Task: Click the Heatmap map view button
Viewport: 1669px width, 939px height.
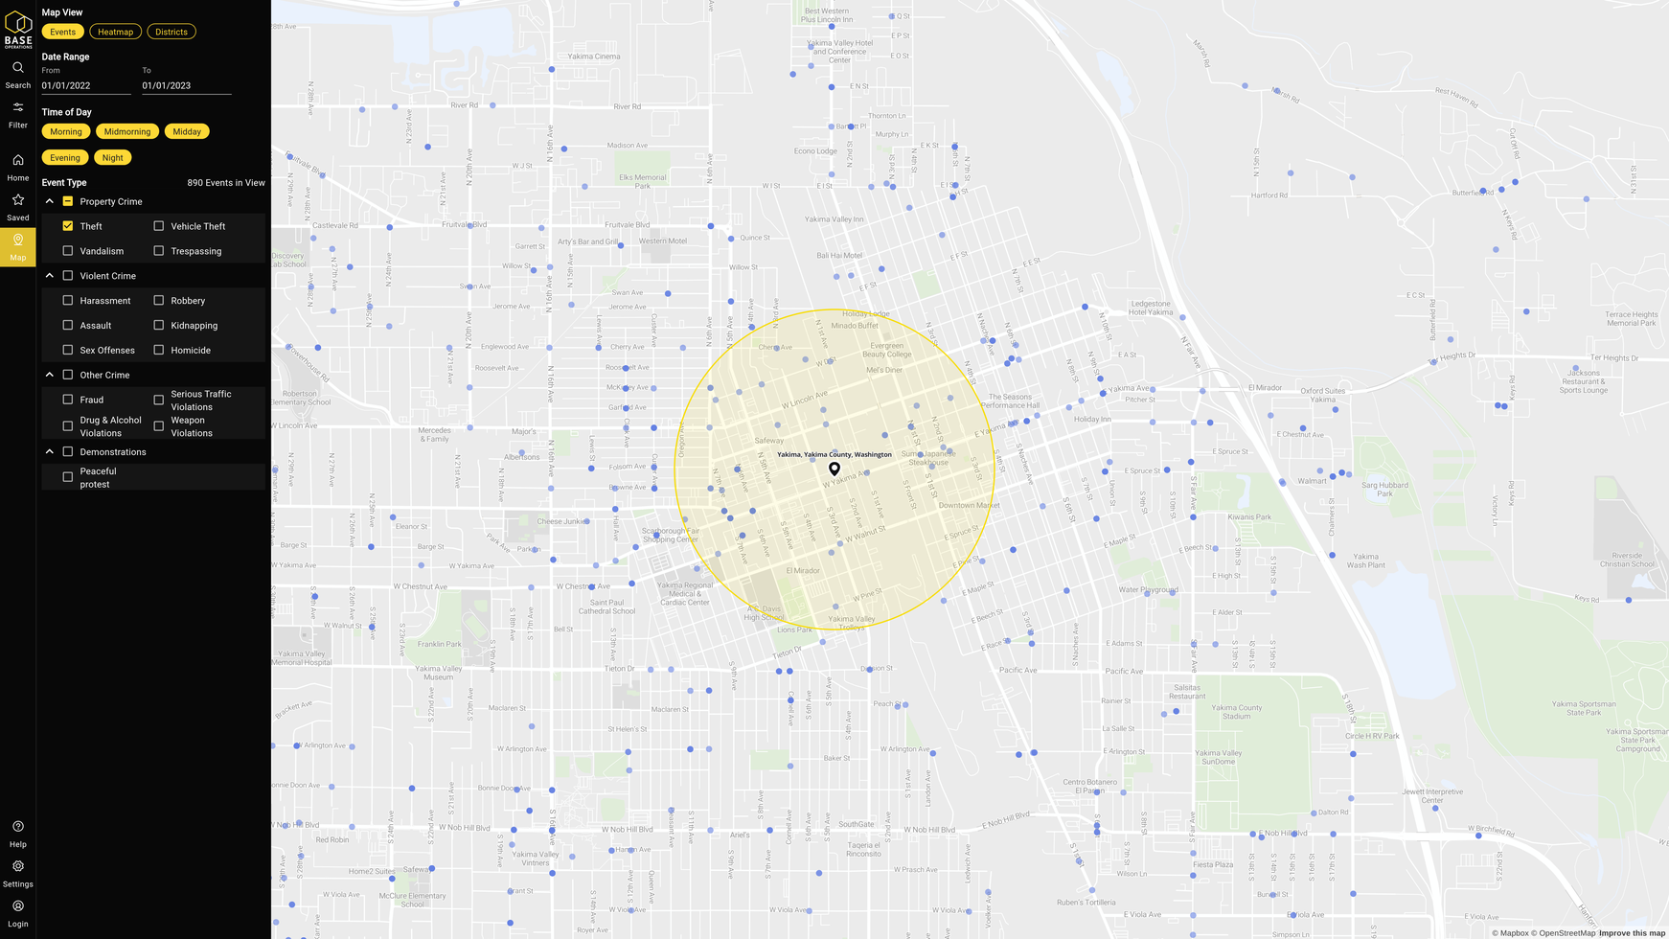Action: [x=115, y=32]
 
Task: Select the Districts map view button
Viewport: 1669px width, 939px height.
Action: [x=171, y=32]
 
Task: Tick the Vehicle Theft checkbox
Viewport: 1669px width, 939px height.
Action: [x=159, y=226]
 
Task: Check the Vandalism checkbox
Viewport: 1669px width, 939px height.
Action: [x=68, y=251]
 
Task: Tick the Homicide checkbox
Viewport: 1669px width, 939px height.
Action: [x=159, y=351]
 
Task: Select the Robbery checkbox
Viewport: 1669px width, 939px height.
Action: [x=159, y=301]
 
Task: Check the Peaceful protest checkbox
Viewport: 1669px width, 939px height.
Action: [x=68, y=477]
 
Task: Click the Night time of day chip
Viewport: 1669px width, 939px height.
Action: [x=112, y=158]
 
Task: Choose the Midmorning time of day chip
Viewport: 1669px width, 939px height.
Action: [x=127, y=131]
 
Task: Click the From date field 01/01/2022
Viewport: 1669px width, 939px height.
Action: [x=85, y=85]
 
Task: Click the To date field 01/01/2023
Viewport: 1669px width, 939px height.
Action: [x=186, y=85]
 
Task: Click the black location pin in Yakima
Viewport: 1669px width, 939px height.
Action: [x=834, y=469]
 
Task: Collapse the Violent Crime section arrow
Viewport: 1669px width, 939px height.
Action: [x=50, y=276]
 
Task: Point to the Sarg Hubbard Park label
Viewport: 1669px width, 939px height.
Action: [x=1384, y=489]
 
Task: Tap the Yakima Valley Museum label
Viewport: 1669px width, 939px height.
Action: [x=439, y=673]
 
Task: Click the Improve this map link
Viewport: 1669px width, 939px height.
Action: [x=1632, y=933]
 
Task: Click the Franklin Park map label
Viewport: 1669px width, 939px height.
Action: [x=439, y=644]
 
